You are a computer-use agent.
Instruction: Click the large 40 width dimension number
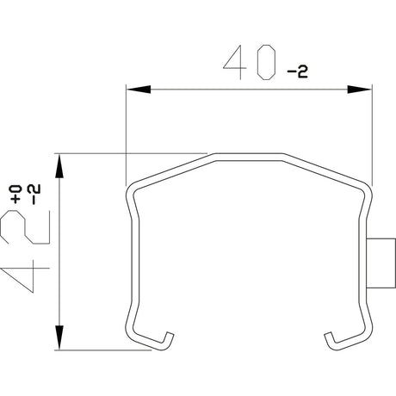(x=249, y=62)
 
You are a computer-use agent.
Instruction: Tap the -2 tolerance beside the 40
(x=298, y=72)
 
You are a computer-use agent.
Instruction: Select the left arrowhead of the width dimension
(x=139, y=90)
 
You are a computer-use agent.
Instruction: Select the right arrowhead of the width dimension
(x=359, y=90)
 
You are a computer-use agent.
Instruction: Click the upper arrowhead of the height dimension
(x=59, y=166)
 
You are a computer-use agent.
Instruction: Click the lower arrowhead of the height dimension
(x=59, y=337)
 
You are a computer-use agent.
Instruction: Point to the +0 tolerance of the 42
(x=16, y=195)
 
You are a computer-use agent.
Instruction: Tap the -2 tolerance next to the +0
(x=34, y=195)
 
